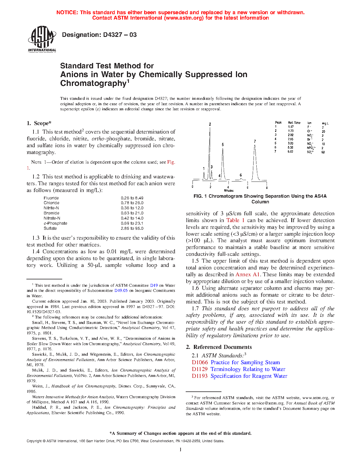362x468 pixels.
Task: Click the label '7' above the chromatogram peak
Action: [255, 141]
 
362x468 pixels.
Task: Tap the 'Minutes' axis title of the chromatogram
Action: [229, 191]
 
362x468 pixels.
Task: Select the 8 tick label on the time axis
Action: [267, 187]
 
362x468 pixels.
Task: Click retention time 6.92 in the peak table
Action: [290, 152]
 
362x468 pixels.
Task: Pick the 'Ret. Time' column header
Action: [294, 123]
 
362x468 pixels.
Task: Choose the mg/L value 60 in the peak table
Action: [323, 152]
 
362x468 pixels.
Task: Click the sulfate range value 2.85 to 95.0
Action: [132, 228]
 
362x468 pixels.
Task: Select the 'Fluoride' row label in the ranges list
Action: [51, 198]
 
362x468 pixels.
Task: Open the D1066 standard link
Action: [200, 362]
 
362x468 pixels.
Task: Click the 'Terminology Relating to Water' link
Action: [248, 369]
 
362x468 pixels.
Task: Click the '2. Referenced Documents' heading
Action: [219, 347]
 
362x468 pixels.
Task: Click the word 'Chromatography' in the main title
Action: [93, 83]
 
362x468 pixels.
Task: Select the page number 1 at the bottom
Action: [181, 450]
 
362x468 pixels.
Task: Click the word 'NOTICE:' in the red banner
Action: [67, 12]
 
